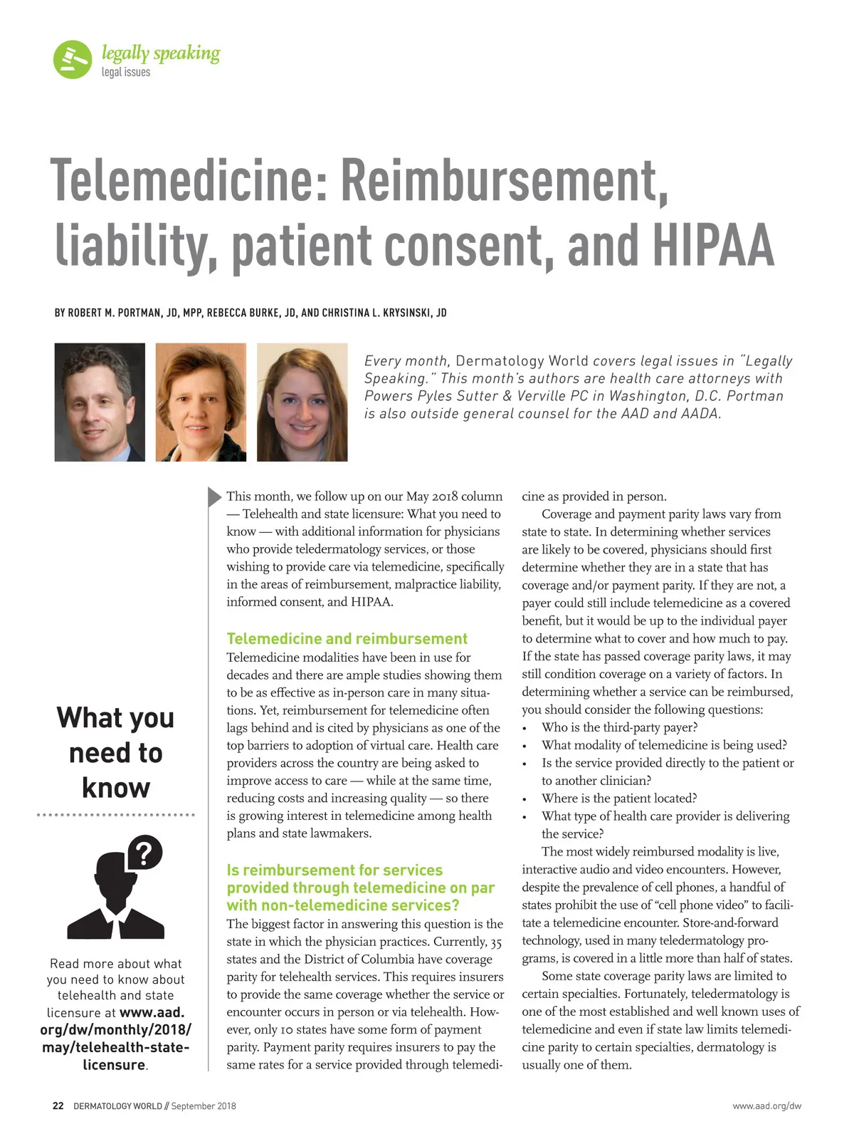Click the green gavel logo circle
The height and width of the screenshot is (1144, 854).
(x=73, y=59)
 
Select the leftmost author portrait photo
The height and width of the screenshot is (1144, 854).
(x=100, y=402)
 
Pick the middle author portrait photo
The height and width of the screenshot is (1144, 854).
(x=201, y=402)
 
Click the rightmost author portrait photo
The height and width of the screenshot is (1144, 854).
(x=302, y=402)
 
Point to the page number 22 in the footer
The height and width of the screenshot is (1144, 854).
(x=58, y=1106)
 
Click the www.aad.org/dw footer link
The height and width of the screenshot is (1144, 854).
(x=766, y=1106)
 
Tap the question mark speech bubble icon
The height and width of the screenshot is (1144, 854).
(x=144, y=852)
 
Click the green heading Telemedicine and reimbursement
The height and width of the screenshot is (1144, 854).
(x=347, y=639)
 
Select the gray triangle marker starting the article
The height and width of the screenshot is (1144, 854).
(x=214, y=496)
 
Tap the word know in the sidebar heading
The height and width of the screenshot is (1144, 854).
(x=115, y=788)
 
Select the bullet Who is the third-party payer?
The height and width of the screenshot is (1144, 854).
(x=619, y=727)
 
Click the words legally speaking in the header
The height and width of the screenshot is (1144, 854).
(x=161, y=53)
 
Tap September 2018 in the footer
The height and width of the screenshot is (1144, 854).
(x=204, y=1106)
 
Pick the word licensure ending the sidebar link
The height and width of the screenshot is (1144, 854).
(x=114, y=1065)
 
